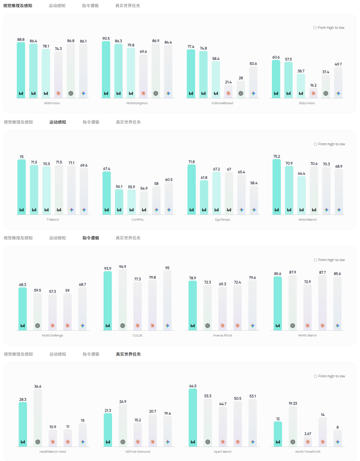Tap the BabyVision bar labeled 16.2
[313, 92]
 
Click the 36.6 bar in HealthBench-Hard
[38, 417]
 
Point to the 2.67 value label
[308, 434]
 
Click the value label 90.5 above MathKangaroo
[106, 39]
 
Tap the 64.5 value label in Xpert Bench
[193, 386]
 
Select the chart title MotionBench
[308, 220]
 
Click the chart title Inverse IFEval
[222, 335]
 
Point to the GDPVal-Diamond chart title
[138, 452]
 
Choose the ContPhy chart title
[138, 220]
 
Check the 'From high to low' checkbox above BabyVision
[315, 28]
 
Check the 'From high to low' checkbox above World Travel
[316, 376]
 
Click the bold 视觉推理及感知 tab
[18, 6]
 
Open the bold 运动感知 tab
[58, 122]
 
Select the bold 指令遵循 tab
[91, 238]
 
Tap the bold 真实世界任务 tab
[128, 354]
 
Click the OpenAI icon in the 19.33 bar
[293, 442]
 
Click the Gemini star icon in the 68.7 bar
[82, 326]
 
